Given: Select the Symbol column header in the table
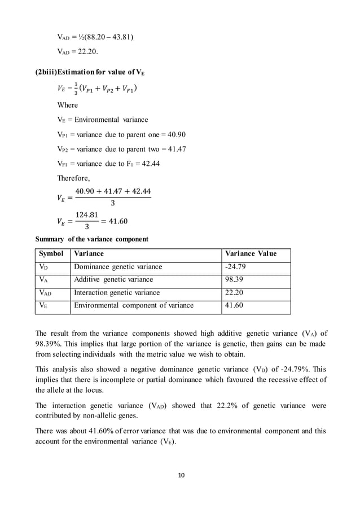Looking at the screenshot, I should click(50, 254).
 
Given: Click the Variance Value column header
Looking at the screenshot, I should click(251, 254).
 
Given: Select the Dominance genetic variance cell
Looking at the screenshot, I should click(118, 267).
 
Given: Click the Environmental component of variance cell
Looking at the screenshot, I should click(134, 305).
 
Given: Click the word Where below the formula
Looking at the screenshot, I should click(68, 105).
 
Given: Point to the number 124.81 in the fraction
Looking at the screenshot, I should click(86, 215).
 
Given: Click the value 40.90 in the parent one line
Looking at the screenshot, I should click(174, 135).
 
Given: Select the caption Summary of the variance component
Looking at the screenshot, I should click(92, 239).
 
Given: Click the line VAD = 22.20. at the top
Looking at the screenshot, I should click(78, 52).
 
